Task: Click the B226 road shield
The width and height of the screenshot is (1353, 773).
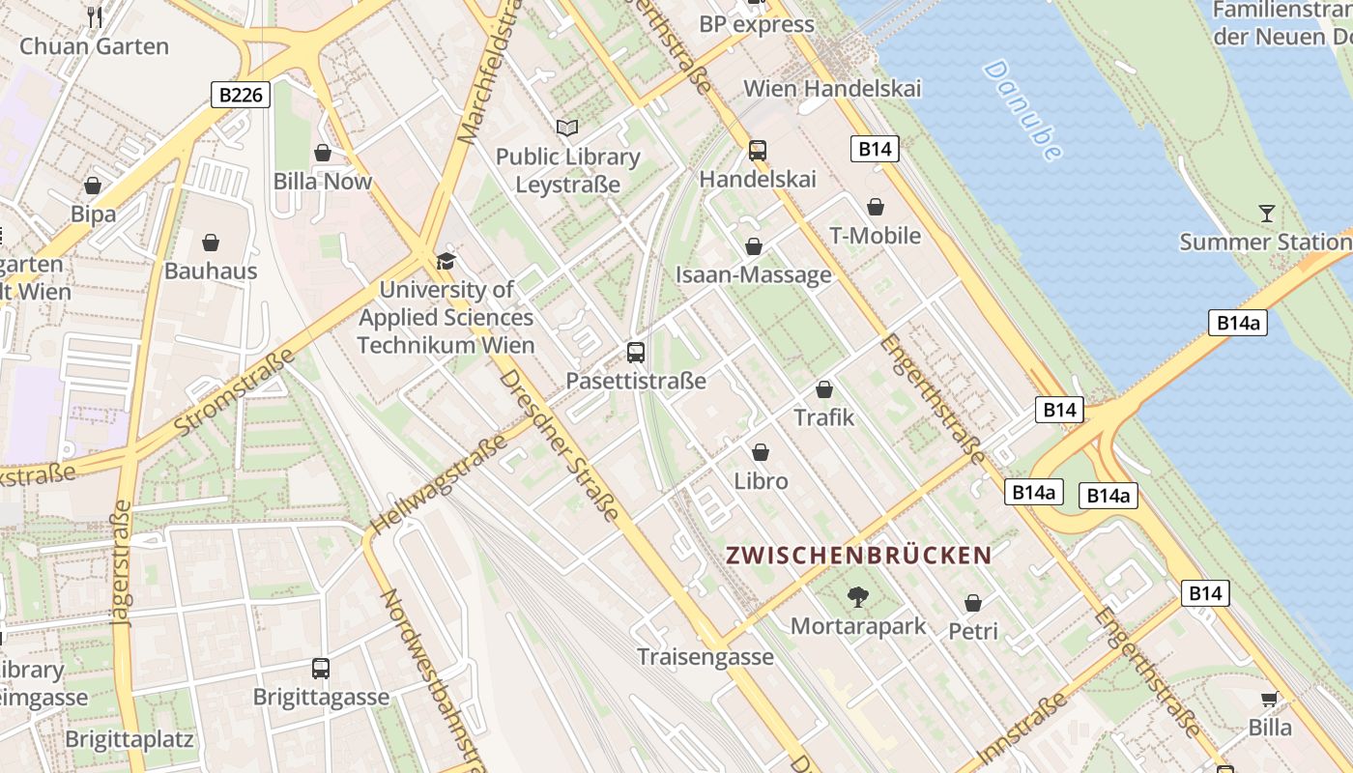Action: [240, 95]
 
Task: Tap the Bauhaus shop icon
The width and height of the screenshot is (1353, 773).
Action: [211, 243]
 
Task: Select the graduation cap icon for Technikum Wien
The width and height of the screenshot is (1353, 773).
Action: [446, 260]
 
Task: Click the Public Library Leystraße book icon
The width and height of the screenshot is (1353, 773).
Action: [567, 128]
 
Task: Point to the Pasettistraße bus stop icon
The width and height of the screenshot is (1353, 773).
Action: [635, 352]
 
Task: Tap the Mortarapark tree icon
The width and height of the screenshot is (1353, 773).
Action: [857, 596]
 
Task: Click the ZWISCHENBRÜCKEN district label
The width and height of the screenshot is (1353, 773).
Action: [858, 556]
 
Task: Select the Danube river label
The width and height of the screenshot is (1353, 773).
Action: [1022, 109]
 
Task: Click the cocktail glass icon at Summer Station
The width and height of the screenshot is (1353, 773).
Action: [1267, 213]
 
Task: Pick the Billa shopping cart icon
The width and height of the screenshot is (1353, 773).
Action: [1269, 699]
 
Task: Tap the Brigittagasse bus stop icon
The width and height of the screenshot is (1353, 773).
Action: [321, 668]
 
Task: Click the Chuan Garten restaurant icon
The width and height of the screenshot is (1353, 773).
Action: [95, 16]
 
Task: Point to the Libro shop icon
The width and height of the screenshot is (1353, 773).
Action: [761, 452]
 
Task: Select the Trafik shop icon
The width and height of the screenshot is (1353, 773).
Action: [824, 389]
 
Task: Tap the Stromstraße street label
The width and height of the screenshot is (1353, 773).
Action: [235, 392]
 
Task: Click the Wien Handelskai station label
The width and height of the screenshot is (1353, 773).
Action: [832, 88]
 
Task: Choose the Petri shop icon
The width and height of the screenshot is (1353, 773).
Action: [973, 603]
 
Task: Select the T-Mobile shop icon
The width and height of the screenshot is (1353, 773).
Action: [876, 207]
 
